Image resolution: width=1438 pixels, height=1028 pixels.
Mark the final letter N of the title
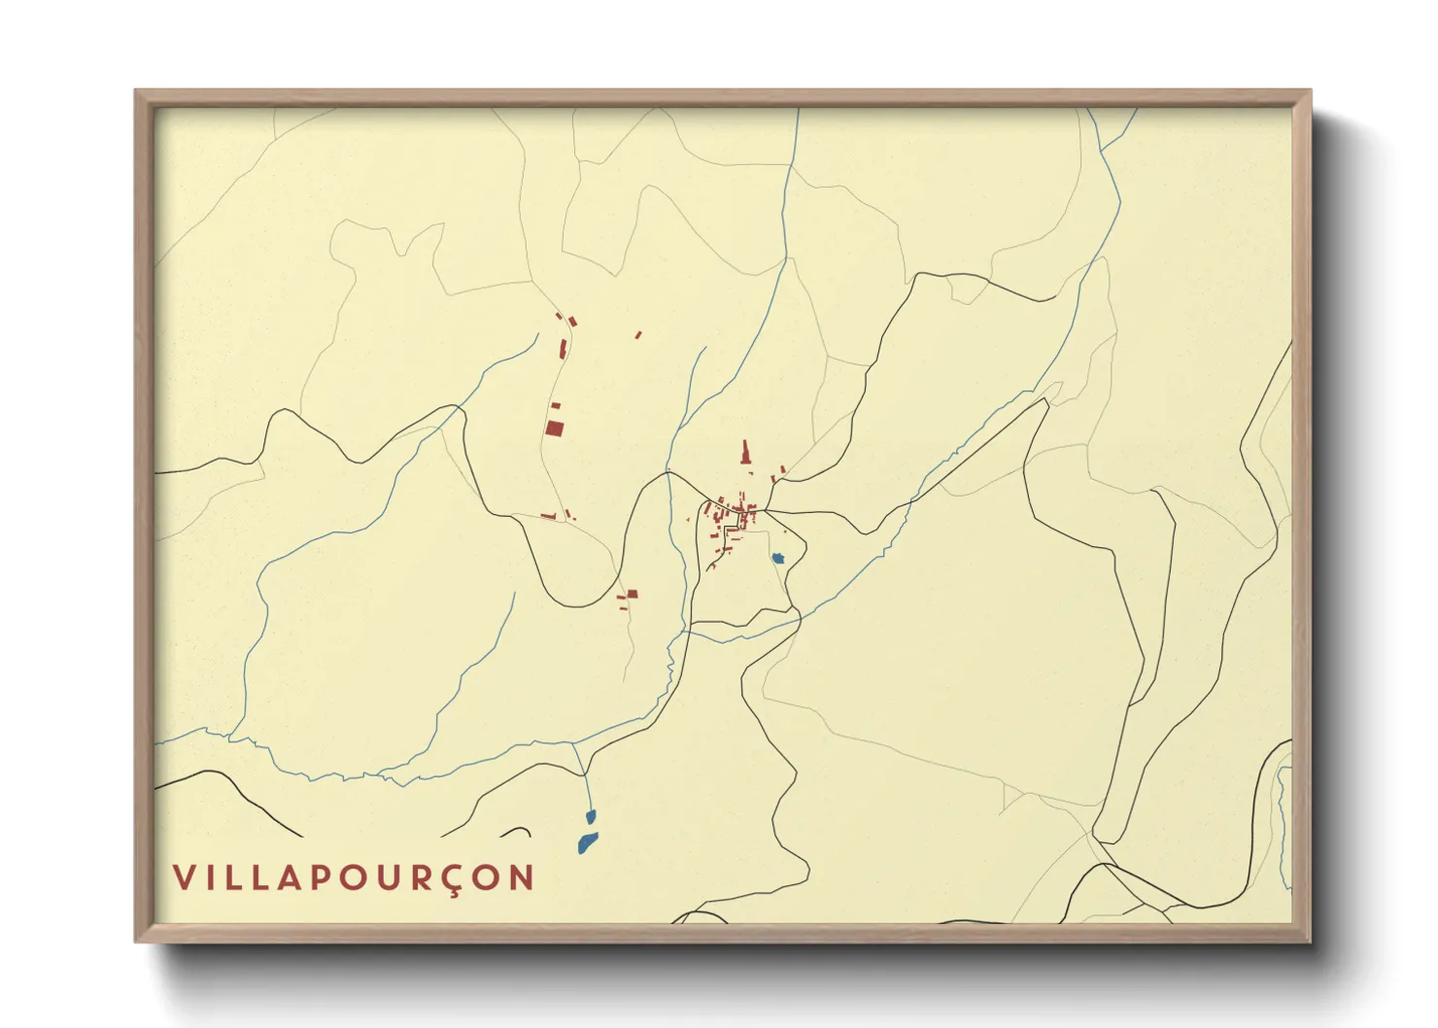pos(523,877)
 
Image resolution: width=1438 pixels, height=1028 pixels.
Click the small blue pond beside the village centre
pos(778,558)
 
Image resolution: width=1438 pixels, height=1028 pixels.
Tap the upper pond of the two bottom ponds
pos(590,817)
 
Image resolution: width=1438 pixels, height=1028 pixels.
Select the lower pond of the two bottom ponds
pos(586,842)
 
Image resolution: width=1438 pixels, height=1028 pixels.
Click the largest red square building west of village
pos(554,428)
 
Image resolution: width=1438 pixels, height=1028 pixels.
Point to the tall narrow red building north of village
pos(746,453)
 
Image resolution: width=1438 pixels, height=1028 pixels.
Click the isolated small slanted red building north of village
pos(638,335)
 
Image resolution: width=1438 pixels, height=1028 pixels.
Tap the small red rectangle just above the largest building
pos(556,405)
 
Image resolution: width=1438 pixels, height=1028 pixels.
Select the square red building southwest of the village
pos(632,593)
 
